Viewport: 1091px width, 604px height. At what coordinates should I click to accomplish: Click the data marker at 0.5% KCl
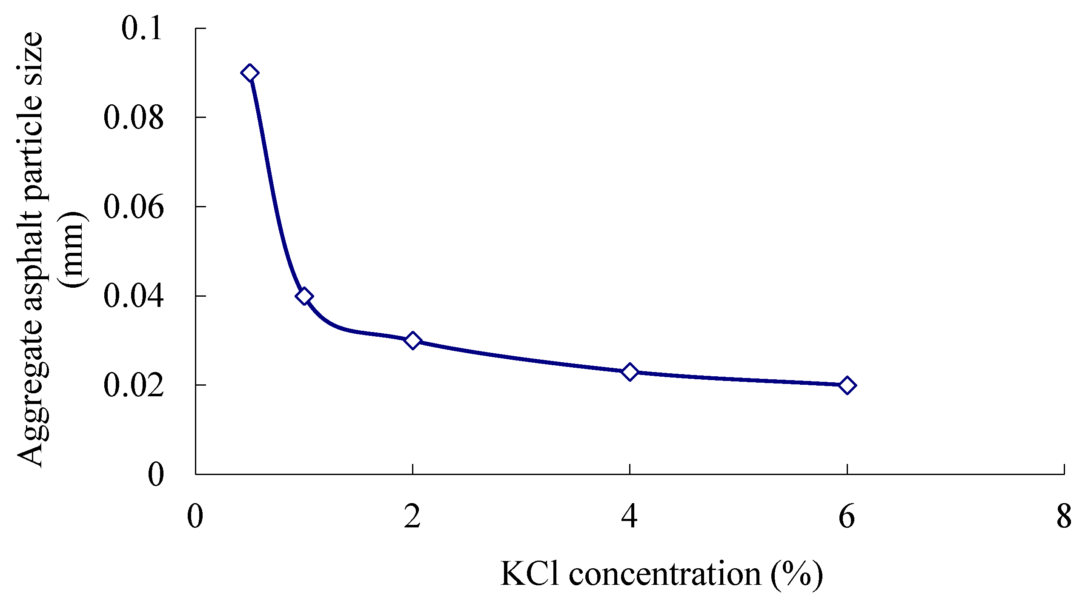(250, 73)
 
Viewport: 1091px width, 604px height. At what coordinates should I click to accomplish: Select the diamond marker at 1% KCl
(304, 296)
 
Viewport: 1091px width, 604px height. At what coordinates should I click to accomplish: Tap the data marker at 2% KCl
(412, 341)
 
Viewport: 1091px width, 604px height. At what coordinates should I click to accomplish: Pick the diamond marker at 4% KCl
(630, 372)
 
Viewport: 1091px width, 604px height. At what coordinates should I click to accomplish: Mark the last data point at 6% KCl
(847, 385)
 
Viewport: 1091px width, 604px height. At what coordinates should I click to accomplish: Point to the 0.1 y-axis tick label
(142, 29)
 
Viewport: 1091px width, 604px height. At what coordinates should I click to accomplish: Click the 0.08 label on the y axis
(133, 118)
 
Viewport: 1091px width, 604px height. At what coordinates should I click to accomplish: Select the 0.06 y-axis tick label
(133, 207)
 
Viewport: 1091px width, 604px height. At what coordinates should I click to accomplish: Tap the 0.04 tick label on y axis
(133, 296)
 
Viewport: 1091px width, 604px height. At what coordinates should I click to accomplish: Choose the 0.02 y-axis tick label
(133, 386)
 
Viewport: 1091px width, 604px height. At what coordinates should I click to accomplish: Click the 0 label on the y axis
(155, 475)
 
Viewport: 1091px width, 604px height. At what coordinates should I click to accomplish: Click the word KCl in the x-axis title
(529, 574)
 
